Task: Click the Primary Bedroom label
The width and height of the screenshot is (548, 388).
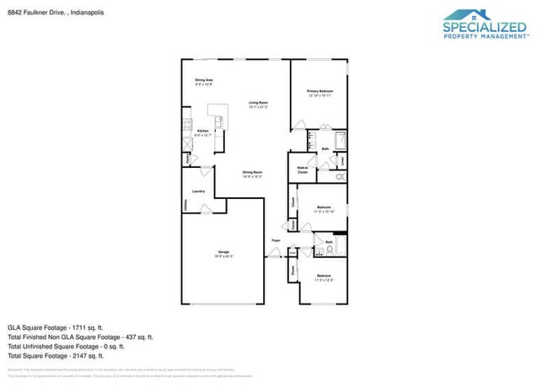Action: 320,92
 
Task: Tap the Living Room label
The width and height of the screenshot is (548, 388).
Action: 257,104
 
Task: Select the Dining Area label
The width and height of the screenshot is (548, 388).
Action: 203,81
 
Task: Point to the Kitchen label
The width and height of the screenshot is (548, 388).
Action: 202,132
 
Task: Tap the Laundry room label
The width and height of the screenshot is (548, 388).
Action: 198,191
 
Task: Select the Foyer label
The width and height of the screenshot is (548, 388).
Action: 275,240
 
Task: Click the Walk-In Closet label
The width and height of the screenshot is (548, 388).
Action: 302,170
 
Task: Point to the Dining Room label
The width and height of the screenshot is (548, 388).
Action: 252,175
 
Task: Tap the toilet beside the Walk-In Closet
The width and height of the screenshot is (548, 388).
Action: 339,178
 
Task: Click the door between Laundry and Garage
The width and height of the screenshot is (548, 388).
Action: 205,213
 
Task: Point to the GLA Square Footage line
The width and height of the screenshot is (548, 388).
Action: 56,326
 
